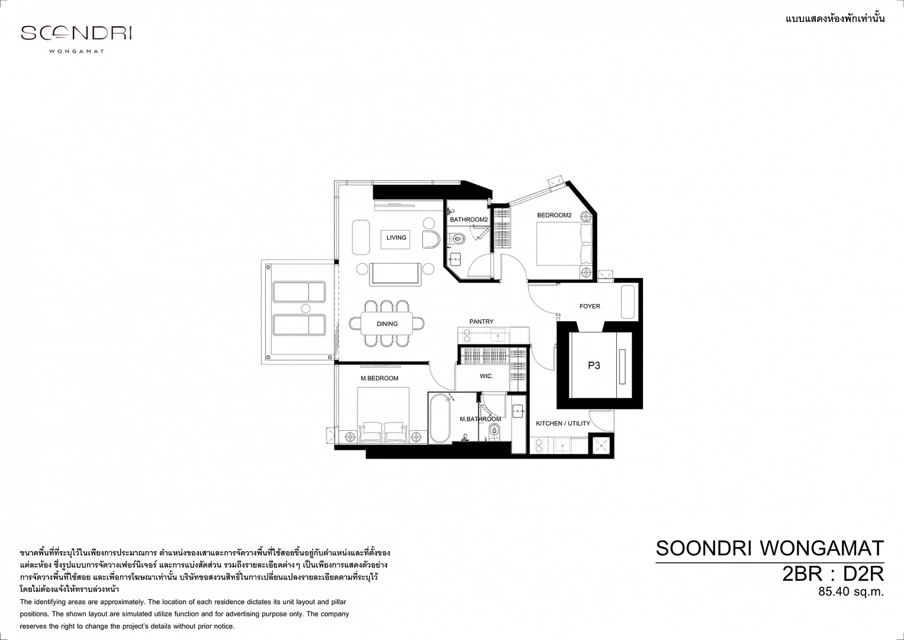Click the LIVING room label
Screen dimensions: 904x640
pos(396,238)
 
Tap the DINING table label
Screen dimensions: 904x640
pos(387,324)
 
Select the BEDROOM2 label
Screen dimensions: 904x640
pos(554,215)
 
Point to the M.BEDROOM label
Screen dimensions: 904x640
pos(379,378)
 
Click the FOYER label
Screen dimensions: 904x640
pos(590,306)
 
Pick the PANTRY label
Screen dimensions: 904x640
pos(481,322)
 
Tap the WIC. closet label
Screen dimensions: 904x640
pos(486,376)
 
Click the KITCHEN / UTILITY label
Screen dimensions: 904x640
pos(562,424)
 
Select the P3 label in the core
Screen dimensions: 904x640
pos(594,366)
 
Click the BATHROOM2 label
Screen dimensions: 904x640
pos(469,220)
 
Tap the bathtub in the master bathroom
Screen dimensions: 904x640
pos(439,419)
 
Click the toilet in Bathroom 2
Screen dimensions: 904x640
pos(458,239)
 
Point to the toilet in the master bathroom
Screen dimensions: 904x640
pos(494,431)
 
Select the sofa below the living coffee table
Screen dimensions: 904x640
pos(395,274)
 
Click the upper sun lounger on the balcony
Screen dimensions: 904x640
pos(299,292)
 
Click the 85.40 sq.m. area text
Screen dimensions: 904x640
pos(851,591)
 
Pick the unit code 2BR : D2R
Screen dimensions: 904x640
pos(833,574)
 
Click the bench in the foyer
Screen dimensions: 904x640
pos(628,302)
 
